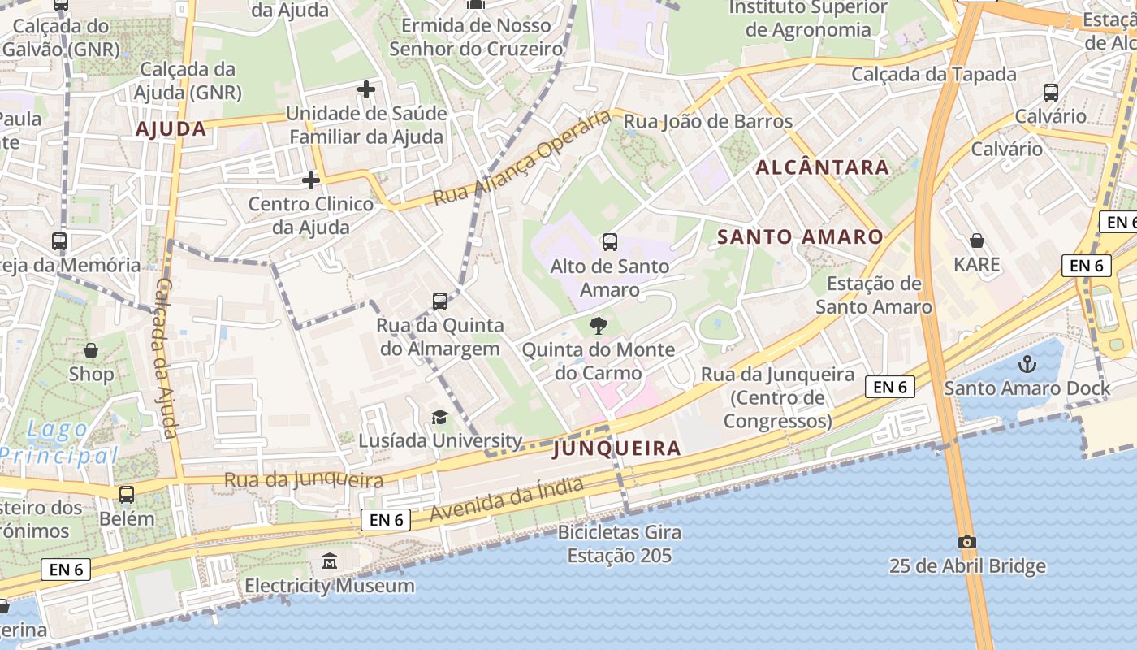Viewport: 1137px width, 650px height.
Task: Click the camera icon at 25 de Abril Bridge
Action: click(x=966, y=542)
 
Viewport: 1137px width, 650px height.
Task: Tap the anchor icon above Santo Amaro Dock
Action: click(x=1027, y=364)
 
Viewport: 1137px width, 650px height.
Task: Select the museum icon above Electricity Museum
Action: click(x=330, y=561)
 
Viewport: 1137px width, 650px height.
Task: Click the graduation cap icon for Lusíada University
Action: click(x=439, y=417)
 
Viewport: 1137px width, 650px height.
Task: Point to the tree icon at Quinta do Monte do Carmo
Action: click(x=599, y=326)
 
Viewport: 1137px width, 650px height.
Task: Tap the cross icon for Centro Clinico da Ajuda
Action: click(x=310, y=180)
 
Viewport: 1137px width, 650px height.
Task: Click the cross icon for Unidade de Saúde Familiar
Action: click(x=366, y=89)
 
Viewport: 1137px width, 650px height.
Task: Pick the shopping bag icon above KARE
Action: click(x=977, y=240)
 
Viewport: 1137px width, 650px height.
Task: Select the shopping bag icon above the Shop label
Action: click(x=91, y=350)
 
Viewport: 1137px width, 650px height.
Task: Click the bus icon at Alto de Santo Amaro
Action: click(x=610, y=241)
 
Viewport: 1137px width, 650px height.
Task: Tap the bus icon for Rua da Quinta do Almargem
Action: click(x=440, y=301)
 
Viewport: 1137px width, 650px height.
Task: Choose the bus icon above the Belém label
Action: click(x=127, y=494)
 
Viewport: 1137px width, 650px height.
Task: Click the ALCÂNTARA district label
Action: click(x=823, y=167)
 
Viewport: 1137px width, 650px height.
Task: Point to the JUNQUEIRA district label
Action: click(x=616, y=448)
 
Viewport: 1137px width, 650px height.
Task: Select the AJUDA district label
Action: click(x=171, y=129)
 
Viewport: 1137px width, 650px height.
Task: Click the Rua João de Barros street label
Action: click(x=707, y=122)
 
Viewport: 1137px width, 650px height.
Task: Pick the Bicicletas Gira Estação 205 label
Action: click(x=620, y=544)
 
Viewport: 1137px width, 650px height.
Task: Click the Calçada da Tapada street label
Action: click(x=933, y=75)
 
